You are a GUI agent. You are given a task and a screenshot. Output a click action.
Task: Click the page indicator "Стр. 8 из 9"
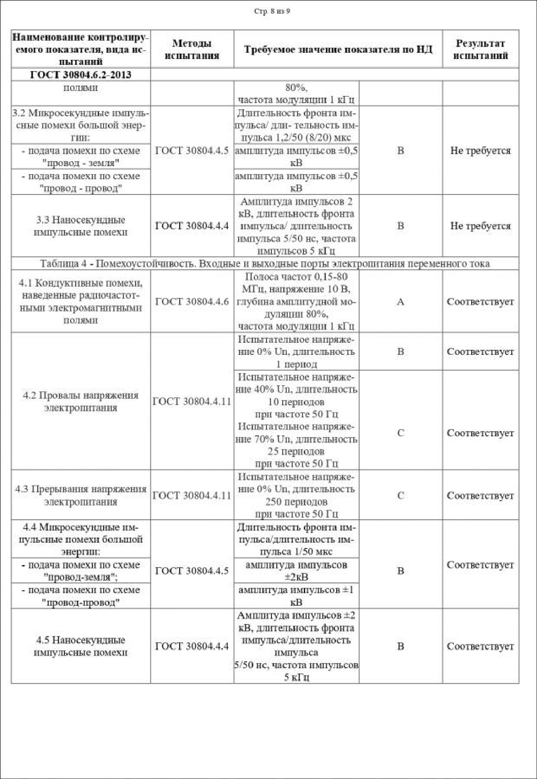272,11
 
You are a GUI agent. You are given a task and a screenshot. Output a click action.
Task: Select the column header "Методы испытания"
192,49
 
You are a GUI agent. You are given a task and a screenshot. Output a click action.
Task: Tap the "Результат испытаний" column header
480,49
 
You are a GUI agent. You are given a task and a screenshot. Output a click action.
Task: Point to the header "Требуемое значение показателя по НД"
338,49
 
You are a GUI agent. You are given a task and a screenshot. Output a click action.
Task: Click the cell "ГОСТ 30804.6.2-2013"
81,75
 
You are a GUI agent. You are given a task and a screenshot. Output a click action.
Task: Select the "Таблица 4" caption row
265,263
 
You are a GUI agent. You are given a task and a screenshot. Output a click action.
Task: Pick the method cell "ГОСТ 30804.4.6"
192,302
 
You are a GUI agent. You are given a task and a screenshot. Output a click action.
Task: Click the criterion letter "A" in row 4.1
400,302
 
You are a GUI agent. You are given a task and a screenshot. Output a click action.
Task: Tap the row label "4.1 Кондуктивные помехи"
81,302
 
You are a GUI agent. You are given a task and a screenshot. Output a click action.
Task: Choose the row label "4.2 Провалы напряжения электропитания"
81,401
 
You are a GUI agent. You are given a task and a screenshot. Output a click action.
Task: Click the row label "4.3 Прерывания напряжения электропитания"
81,495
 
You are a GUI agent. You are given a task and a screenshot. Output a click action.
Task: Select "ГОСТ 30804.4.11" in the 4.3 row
192,495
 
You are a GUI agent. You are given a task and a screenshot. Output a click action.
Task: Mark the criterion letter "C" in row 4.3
400,495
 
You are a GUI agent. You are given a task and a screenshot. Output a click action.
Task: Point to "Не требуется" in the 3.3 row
480,226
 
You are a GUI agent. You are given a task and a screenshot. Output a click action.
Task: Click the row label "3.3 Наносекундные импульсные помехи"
81,226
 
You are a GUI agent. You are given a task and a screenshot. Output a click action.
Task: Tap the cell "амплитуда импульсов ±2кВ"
296,571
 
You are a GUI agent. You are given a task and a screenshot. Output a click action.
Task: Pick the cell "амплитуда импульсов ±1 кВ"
296,596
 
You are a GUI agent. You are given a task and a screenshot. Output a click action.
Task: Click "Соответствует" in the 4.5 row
480,646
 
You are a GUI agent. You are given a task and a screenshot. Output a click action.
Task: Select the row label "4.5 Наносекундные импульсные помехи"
81,646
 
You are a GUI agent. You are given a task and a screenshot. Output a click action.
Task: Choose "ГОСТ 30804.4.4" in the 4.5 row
192,646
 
